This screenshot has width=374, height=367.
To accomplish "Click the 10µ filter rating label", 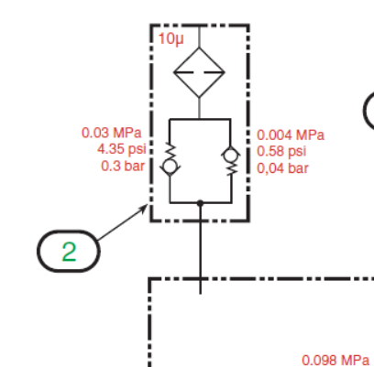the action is [171, 39].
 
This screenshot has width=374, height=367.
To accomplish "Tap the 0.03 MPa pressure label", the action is [112, 133].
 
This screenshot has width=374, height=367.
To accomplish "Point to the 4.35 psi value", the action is [122, 149].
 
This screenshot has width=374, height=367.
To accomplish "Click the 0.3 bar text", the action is [123, 166].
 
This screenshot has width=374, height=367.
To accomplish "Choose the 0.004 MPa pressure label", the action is [291, 135].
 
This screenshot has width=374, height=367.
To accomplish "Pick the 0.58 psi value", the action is [281, 151].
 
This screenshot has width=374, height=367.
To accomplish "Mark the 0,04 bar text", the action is [282, 168].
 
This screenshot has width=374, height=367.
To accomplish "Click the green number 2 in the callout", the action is [69, 252].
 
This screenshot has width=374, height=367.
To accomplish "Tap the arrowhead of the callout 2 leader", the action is [145, 207].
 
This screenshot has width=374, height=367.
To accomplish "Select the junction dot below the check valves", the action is [200, 203].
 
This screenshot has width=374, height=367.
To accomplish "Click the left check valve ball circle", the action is [170, 167].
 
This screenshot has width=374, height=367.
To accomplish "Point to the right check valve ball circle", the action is [230, 155].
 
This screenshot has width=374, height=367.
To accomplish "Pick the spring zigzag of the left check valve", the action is [170, 151].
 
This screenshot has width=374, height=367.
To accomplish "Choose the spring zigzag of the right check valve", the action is [232, 168].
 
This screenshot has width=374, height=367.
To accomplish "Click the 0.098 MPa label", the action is [335, 361].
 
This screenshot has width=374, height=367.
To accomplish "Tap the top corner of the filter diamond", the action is [199, 48].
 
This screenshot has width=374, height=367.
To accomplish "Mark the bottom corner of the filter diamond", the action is [199, 98].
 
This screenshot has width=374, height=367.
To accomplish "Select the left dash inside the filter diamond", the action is [187, 72].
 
